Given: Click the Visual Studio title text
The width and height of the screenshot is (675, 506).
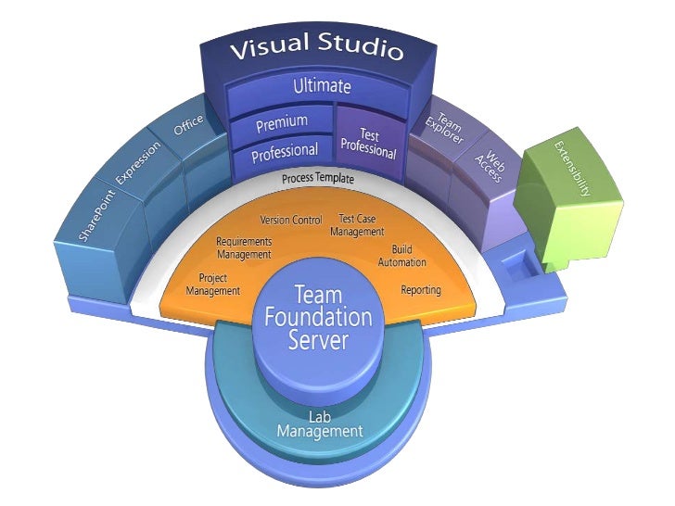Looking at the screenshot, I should click(x=316, y=47).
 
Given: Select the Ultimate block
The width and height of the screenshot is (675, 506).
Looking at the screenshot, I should click(x=322, y=87).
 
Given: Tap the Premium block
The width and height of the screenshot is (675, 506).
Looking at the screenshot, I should click(x=281, y=122).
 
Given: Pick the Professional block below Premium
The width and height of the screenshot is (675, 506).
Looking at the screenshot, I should click(x=285, y=150).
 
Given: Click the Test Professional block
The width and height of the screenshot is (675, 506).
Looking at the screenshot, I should click(x=368, y=142).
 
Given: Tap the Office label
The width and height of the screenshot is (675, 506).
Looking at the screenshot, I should click(x=188, y=124).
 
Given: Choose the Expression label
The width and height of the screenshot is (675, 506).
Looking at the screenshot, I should click(x=137, y=165).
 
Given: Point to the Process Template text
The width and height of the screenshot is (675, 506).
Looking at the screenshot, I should click(x=319, y=178).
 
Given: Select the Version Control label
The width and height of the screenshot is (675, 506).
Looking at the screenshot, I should click(x=291, y=221).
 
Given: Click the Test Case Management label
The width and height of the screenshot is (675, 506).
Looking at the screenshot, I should click(x=356, y=225).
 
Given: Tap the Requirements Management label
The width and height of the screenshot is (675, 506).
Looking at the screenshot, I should click(x=244, y=247).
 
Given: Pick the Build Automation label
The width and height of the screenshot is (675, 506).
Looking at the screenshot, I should click(x=401, y=256).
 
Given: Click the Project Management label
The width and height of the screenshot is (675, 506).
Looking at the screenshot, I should click(x=212, y=284).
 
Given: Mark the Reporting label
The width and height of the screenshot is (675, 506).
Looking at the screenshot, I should click(x=420, y=290).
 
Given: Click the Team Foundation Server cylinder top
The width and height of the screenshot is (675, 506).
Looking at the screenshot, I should click(x=318, y=318).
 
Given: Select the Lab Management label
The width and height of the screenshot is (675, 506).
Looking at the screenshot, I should click(x=319, y=424).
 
